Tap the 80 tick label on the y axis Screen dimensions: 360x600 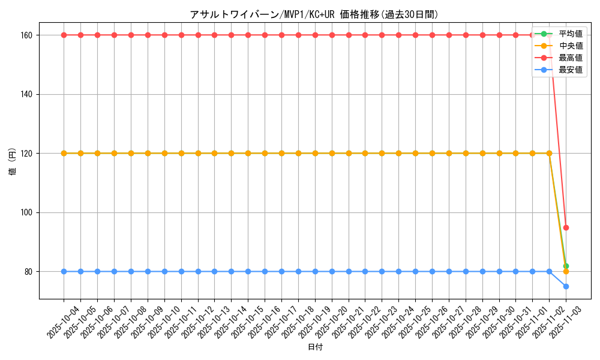pos(29,272)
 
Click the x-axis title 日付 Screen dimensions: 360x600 pos(315,347)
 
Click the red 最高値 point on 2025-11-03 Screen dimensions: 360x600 pos(566,227)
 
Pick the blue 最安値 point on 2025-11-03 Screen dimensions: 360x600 pos(566,286)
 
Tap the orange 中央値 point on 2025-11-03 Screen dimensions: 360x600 pos(566,272)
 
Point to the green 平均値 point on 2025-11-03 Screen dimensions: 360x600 pos(566,266)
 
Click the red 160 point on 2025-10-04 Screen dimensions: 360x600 pos(64,35)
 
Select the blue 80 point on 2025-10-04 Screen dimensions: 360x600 pos(64,271)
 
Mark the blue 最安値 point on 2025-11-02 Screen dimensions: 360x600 pos(549,271)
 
